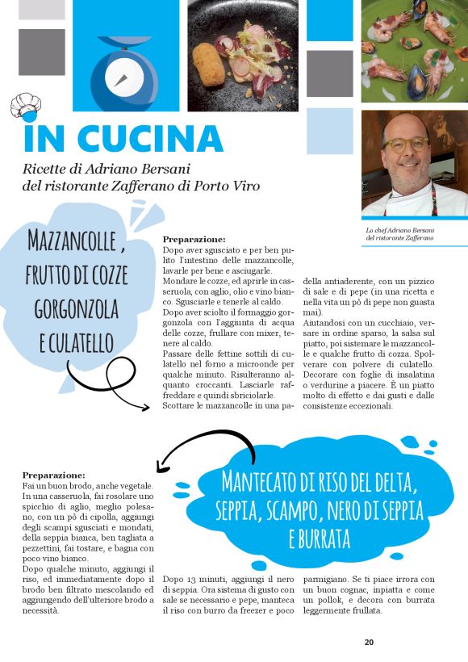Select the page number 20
pos(369,643)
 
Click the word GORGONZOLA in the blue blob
pos(77,308)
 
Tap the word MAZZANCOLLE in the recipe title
pos(73,240)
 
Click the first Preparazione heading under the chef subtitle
pos(194,240)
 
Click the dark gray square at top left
pos(41,52)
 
